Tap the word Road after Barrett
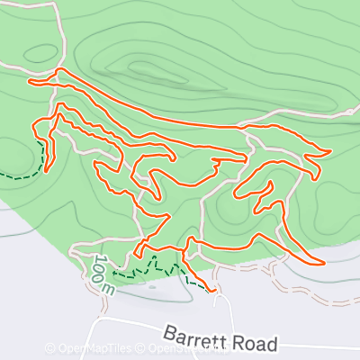point(255,343)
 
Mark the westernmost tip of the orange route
point(31,82)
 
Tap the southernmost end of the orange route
point(214,291)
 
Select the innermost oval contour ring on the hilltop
point(144,67)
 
